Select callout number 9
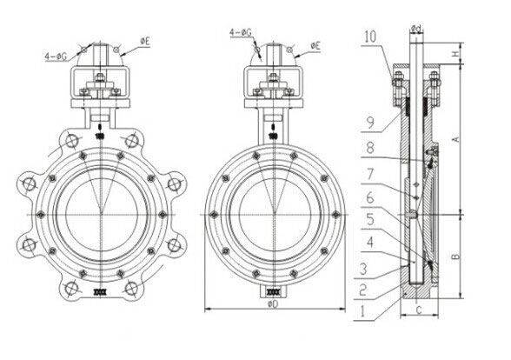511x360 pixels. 369,123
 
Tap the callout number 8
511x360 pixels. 369,150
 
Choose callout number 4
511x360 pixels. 369,241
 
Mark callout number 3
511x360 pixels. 369,265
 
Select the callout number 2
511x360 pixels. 369,285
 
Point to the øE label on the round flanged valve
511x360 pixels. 313,43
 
